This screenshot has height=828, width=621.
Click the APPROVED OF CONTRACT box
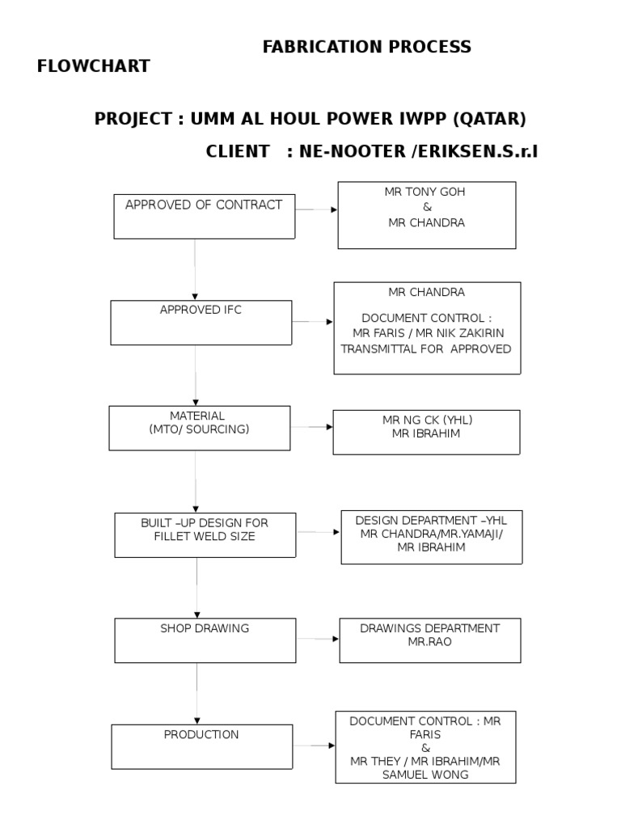coord(204,216)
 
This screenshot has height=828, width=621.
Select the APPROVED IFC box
coord(201,322)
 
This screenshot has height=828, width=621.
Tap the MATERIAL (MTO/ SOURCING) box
coord(199,428)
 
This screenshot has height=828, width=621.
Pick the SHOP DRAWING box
coord(205,640)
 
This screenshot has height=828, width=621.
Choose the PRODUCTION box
coord(201,746)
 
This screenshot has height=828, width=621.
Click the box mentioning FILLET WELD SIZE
coord(205,534)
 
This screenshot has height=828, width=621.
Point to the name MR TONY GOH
coord(426,192)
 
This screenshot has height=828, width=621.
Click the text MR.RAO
coord(430,642)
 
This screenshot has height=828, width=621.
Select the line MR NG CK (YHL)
coord(426,420)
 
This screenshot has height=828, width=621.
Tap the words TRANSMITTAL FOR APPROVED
coord(426,349)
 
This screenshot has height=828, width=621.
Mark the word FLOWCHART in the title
coord(93,66)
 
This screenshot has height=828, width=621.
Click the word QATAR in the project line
coord(489,119)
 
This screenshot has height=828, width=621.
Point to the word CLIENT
coord(238,150)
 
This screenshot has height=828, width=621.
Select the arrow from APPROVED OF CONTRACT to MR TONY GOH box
coord(316,209)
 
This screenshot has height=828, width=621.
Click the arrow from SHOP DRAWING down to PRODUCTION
coord(196,692)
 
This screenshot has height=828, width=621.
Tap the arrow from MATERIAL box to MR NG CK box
coord(311,426)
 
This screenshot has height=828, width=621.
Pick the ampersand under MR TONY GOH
coord(427,208)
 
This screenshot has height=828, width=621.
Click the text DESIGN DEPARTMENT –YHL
coord(431,520)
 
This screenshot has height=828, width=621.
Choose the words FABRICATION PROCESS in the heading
coord(366,47)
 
